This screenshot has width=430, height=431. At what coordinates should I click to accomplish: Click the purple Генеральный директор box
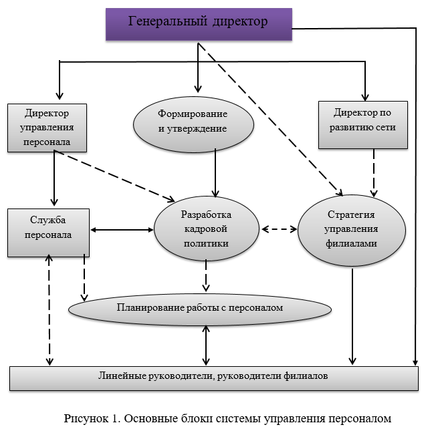coord(198,23)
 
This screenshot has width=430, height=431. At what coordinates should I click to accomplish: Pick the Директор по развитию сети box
coord(362,125)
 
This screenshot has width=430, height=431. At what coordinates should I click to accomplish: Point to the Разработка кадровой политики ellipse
coord(206,230)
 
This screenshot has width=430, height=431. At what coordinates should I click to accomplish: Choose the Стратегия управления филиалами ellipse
coord(350,229)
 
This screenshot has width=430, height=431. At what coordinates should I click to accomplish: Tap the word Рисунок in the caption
coord(85,419)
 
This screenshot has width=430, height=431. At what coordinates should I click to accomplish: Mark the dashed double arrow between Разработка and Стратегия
coord(279,229)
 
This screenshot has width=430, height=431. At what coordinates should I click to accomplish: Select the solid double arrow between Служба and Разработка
coord(121,231)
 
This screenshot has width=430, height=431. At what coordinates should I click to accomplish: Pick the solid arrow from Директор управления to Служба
coord(54,178)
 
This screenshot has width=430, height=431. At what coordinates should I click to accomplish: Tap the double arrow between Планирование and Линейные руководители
coord(206,345)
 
